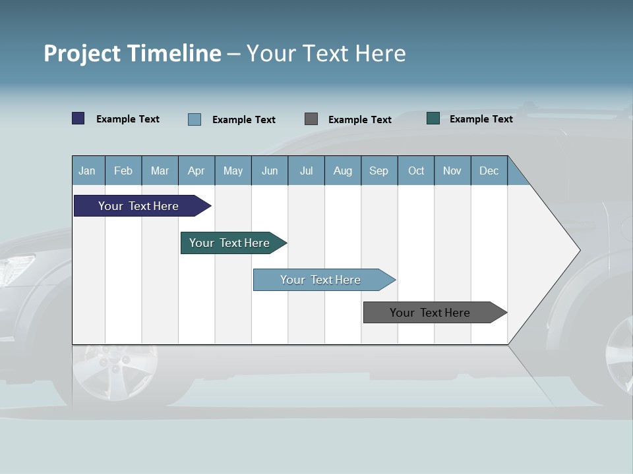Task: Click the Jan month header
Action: (x=88, y=171)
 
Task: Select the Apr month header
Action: (x=196, y=171)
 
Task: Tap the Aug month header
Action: (x=343, y=171)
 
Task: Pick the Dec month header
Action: (x=489, y=171)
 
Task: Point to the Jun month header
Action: (x=270, y=171)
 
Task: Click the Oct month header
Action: (x=416, y=171)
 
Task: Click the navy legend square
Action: (x=78, y=118)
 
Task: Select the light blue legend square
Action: (x=195, y=119)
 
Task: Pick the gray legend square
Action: (x=311, y=119)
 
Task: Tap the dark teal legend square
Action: (x=433, y=118)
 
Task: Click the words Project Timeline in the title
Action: (x=133, y=53)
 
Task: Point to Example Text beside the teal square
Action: (x=481, y=119)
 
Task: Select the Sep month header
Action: (x=379, y=171)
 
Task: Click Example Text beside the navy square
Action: (x=128, y=119)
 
